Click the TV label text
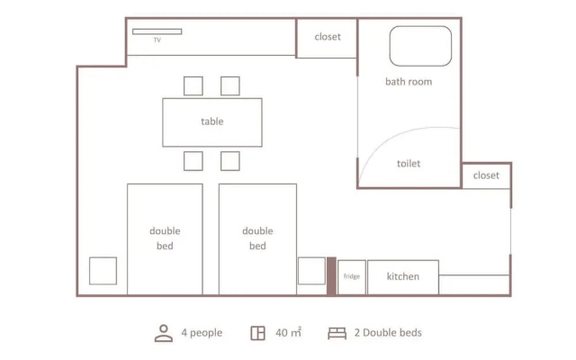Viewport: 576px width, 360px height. pos(157,40)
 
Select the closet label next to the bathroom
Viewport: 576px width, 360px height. pos(328,37)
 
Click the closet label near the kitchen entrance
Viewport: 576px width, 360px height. pos(486,175)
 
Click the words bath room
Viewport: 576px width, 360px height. pos(409,82)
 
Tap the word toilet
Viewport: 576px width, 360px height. pos(409,164)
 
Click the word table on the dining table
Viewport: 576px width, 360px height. pos(212,121)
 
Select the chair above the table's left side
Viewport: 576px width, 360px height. pos(193,86)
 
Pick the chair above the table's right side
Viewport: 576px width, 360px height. pos(230,86)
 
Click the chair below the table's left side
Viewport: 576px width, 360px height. pos(193,161)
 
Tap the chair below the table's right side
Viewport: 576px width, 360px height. pos(230,161)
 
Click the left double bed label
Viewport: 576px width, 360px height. pos(165,238)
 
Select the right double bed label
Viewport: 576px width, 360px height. pos(257,238)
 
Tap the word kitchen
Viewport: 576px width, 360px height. pos(403,276)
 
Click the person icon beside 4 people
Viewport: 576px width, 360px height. pos(164,333)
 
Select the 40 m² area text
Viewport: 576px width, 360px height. pos(288,332)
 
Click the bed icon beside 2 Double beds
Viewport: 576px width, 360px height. pos(337,333)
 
